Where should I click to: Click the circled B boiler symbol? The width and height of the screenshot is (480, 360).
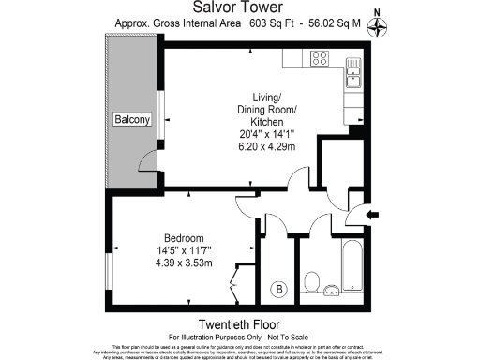click(278, 289)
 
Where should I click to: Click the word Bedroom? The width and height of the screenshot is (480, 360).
click(184, 238)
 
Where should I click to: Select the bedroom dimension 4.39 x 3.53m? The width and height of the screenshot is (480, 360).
click(184, 262)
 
